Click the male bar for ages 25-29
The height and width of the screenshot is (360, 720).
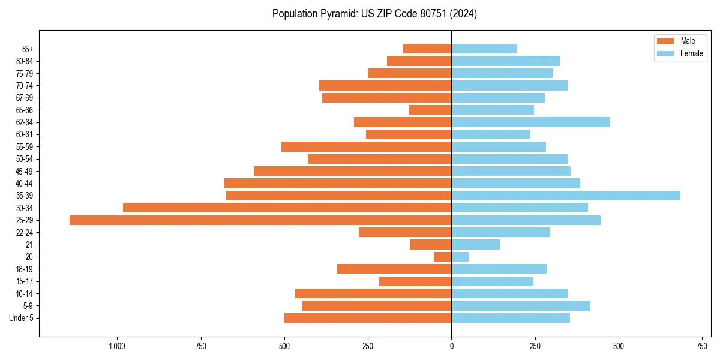(260, 220)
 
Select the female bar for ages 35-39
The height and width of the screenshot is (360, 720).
(566, 196)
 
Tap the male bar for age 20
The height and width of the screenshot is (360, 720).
(443, 257)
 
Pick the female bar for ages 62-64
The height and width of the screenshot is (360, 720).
(530, 122)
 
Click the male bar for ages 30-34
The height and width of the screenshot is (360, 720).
(287, 208)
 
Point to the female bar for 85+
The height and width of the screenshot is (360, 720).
(484, 49)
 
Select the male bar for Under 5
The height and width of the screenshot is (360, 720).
(368, 318)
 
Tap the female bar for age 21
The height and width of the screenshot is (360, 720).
(475, 245)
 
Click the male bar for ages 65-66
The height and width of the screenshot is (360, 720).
(430, 110)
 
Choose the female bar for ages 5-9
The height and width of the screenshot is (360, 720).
(521, 306)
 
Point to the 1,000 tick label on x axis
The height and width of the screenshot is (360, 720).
(116, 346)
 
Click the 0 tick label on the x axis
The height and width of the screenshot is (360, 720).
(451, 346)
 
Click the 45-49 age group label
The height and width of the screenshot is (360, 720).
(25, 171)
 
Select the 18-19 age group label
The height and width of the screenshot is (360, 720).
(25, 269)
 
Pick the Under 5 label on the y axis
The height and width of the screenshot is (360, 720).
(21, 318)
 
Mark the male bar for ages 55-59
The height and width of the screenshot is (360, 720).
(366, 147)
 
